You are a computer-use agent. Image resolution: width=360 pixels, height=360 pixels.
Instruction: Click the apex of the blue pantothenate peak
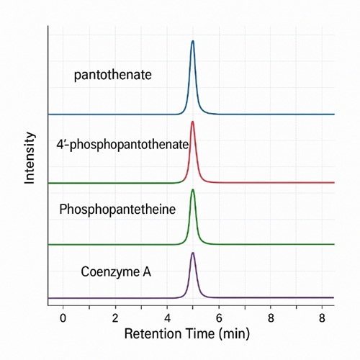192,42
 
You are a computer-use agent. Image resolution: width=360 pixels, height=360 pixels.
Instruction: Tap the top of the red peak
192,122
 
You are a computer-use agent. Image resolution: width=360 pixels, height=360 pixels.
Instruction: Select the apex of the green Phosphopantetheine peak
192,190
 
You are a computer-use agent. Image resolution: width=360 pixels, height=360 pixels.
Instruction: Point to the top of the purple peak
192,253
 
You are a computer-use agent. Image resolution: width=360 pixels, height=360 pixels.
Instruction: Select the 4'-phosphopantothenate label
122,144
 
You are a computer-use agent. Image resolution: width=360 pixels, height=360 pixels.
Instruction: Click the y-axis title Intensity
30,158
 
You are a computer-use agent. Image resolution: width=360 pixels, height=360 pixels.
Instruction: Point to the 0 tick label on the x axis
63,318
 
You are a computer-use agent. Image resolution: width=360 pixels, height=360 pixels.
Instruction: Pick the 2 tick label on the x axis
114,318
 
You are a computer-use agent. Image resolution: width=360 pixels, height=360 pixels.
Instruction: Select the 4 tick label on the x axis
167,318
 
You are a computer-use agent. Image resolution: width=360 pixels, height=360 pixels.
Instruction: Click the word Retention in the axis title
153,335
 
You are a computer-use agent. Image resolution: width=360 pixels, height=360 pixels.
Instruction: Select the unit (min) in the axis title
238,335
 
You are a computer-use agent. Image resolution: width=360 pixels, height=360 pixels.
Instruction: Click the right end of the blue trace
333,114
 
